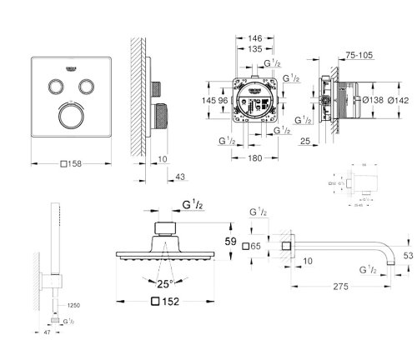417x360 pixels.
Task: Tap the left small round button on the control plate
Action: [56, 86]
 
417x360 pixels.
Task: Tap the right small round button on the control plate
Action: [85, 86]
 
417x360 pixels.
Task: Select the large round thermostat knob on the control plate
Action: [70, 116]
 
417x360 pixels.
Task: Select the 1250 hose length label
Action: [74, 306]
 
